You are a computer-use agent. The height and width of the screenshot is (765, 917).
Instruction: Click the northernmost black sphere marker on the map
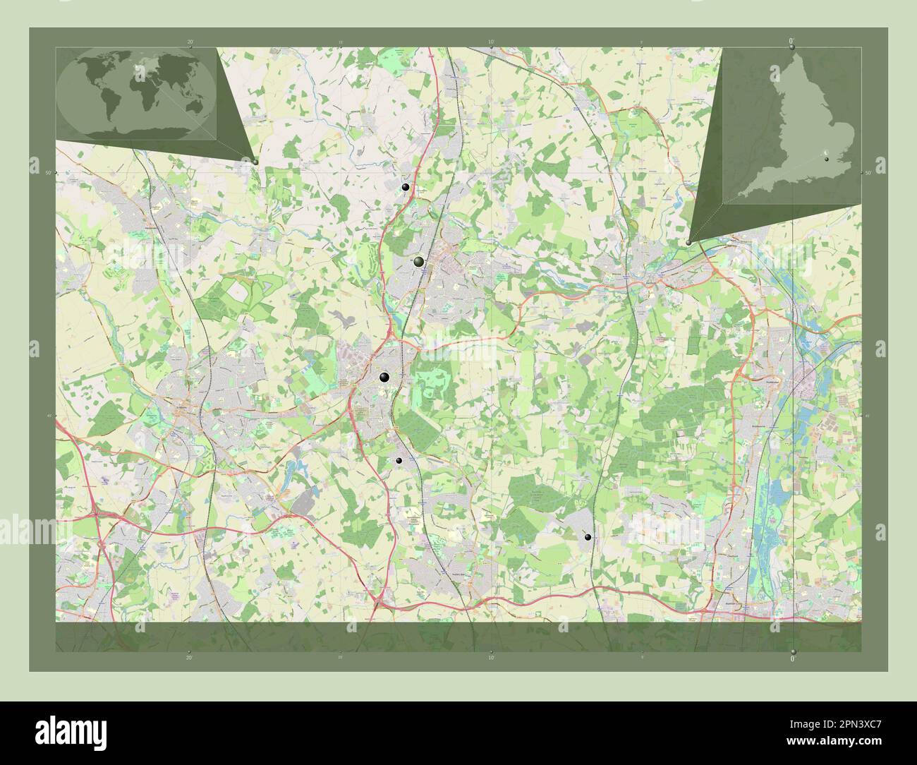(405, 187)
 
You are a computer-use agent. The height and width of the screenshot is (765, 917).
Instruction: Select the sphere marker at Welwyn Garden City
(419, 262)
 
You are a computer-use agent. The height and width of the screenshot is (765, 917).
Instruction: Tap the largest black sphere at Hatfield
(384, 378)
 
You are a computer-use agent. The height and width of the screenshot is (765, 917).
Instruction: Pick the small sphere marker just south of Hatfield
(399, 460)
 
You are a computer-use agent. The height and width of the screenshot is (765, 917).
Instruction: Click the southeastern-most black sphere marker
(588, 537)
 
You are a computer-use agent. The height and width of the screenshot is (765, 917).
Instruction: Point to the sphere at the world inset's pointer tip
(255, 161)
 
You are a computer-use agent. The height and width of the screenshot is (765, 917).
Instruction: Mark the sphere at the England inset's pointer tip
(688, 242)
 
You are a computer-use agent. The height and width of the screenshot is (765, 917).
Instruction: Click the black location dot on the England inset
(827, 159)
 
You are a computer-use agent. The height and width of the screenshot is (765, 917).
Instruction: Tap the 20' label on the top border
(190, 42)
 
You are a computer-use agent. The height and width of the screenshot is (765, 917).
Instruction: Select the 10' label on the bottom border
(490, 656)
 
